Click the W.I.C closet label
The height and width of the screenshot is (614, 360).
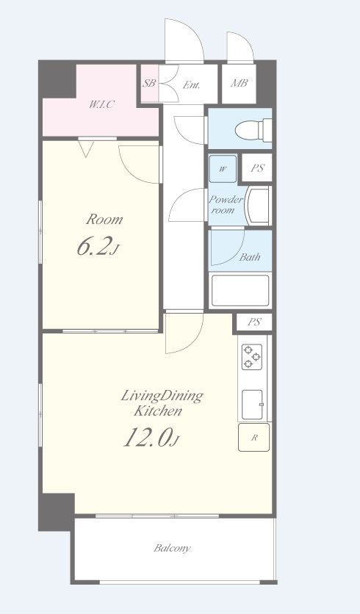[x=101, y=104]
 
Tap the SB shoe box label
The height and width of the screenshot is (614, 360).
[x=149, y=84]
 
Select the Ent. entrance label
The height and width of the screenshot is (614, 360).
[x=192, y=84]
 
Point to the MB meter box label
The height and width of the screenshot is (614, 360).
[x=239, y=83]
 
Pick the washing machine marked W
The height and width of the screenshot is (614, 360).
[x=223, y=169]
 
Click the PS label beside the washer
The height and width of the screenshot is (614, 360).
[x=257, y=168]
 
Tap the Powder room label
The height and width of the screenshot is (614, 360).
[x=226, y=205]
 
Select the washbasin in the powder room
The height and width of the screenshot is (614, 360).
[x=257, y=206]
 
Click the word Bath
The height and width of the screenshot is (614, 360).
[x=250, y=257]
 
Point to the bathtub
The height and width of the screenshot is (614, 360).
[x=240, y=291]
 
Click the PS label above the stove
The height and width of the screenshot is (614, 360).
[x=254, y=322]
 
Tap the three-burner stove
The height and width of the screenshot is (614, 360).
[x=251, y=357]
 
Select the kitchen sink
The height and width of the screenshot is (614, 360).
[x=252, y=404]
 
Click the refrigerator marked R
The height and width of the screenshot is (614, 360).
[x=254, y=438]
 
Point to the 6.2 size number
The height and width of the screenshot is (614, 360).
[x=93, y=246]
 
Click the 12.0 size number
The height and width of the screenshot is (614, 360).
[x=147, y=437]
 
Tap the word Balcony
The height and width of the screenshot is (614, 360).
[x=172, y=548]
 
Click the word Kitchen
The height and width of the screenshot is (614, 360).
[x=158, y=411]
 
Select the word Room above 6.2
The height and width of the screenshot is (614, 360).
[x=104, y=220]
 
